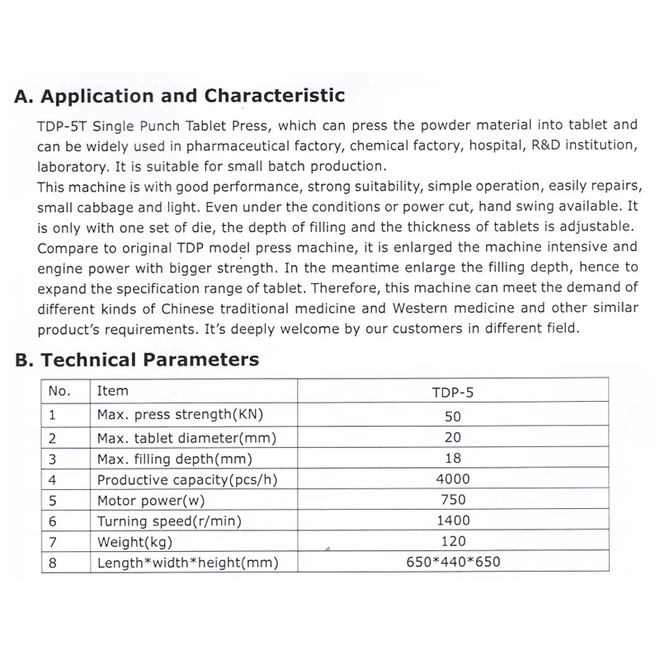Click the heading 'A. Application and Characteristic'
(x=180, y=97)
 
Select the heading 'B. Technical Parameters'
(x=137, y=360)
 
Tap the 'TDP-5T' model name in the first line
(x=63, y=126)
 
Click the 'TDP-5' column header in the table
(x=453, y=392)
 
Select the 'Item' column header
(x=113, y=391)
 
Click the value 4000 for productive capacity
(x=453, y=478)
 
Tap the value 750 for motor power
(x=453, y=499)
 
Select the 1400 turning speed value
(x=453, y=521)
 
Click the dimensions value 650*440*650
(x=453, y=563)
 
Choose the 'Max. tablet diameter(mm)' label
(x=186, y=437)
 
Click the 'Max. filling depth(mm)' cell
(x=174, y=458)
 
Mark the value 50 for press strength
(x=453, y=416)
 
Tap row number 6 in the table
(x=53, y=521)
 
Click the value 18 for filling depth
(x=453, y=458)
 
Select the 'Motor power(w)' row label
(x=151, y=500)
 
